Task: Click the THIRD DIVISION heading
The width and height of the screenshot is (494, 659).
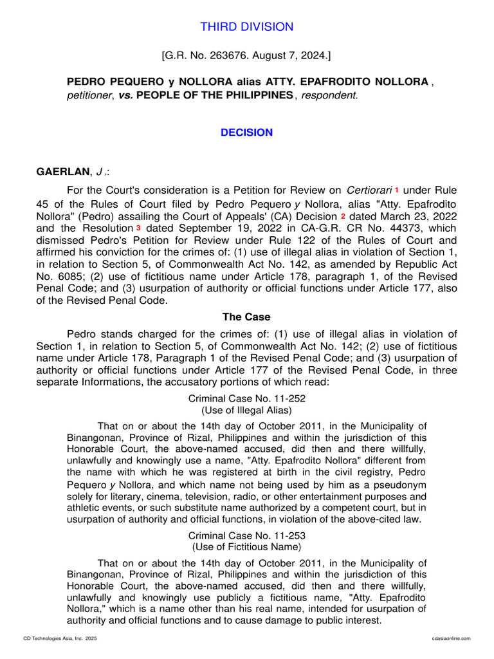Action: coord(246,27)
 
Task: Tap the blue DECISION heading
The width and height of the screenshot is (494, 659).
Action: coord(246,133)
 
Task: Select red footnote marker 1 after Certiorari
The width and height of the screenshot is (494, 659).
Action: coord(397,190)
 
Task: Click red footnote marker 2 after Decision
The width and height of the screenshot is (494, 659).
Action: coord(343,216)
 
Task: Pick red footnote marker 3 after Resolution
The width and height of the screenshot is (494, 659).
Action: coord(138,228)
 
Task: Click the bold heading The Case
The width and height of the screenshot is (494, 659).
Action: coord(246,317)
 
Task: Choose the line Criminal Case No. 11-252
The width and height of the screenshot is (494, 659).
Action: coord(246,399)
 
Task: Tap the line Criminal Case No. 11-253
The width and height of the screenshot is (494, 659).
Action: coord(246,535)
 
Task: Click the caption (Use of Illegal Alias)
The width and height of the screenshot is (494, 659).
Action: coord(246,411)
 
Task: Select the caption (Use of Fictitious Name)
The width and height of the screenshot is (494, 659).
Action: coord(246,547)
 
